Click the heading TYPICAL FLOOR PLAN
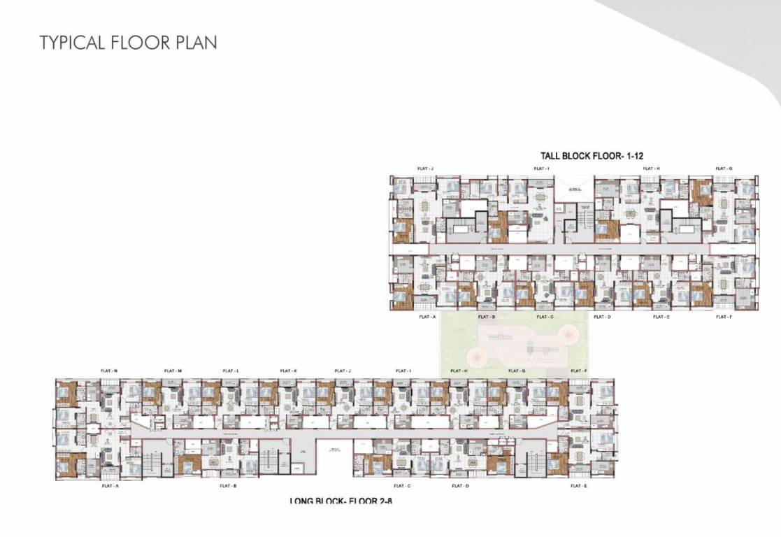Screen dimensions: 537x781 [x=128, y=42]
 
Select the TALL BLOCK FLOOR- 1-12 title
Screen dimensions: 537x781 [x=592, y=156]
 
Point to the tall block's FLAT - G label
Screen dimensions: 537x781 [x=724, y=169]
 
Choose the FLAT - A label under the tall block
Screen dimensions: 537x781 [x=427, y=317]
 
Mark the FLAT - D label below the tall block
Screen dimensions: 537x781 [x=602, y=317]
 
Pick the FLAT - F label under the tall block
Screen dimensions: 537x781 [x=724, y=317]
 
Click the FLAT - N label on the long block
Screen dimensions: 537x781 [x=110, y=371]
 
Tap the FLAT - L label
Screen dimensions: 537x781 [x=231, y=371]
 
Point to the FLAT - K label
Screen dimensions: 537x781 [x=288, y=371]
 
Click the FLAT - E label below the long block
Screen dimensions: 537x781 [x=579, y=485]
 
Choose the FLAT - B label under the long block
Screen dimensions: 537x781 [x=228, y=485]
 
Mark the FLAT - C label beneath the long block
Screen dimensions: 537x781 [x=402, y=485]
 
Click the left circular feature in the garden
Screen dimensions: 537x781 [x=479, y=357]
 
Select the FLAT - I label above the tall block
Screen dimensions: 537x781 [x=541, y=169]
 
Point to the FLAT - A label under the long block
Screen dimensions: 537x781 [x=110, y=485]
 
